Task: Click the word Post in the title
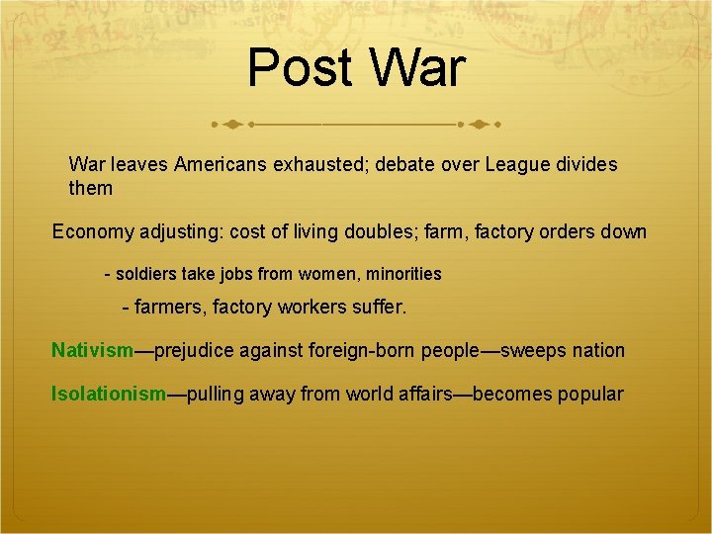[297, 67]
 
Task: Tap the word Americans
[221, 164]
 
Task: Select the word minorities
[398, 273]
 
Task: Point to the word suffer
[376, 309]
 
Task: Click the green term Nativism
[92, 350]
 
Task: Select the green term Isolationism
[109, 394]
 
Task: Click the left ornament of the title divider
[230, 126]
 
